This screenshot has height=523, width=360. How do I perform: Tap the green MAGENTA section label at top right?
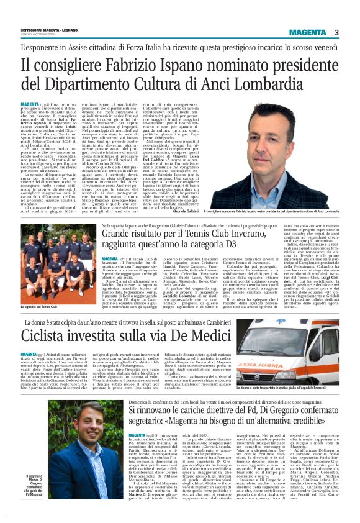pos(313,32)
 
